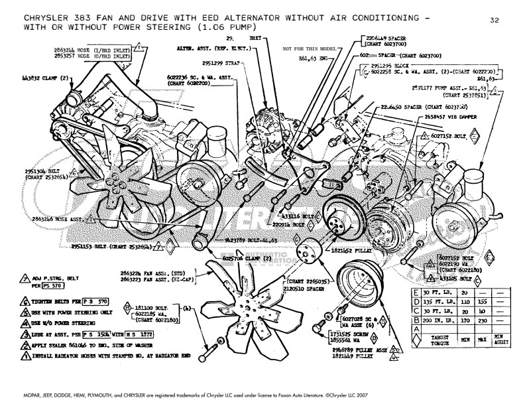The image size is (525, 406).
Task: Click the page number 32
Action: tap(495, 20)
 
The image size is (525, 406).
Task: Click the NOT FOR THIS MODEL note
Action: tap(309, 48)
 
